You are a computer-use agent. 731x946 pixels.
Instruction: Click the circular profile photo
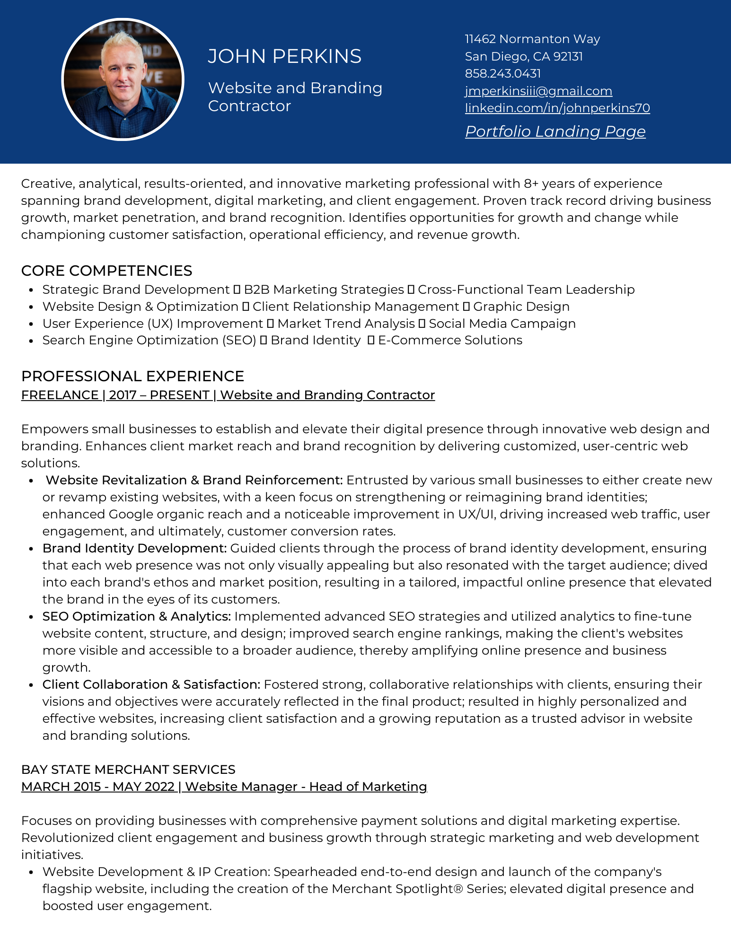point(123,79)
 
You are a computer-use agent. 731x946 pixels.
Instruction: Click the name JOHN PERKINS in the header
point(284,56)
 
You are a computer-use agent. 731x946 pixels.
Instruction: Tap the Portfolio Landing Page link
point(555,131)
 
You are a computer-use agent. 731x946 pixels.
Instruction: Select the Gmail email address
point(538,91)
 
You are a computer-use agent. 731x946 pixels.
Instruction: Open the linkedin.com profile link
point(557,108)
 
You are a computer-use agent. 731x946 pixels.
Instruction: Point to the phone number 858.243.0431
point(502,73)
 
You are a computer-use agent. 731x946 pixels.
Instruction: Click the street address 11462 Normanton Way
point(532,39)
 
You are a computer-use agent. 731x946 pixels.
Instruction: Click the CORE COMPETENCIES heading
point(106,271)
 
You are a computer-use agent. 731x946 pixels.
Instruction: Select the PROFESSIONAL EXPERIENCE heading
point(132,376)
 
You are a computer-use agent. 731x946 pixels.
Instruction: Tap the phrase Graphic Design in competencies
point(521,307)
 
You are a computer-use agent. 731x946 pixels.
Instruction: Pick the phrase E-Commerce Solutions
point(450,340)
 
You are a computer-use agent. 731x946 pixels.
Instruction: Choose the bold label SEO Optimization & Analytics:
point(136,616)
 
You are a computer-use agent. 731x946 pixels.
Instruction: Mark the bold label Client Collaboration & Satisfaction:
point(151,684)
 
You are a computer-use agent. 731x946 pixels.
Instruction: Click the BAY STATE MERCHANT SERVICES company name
point(128,770)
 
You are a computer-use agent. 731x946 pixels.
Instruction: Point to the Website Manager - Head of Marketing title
point(306,787)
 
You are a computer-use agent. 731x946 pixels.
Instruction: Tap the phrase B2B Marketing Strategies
point(324,289)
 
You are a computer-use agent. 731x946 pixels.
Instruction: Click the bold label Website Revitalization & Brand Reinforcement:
point(194,480)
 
